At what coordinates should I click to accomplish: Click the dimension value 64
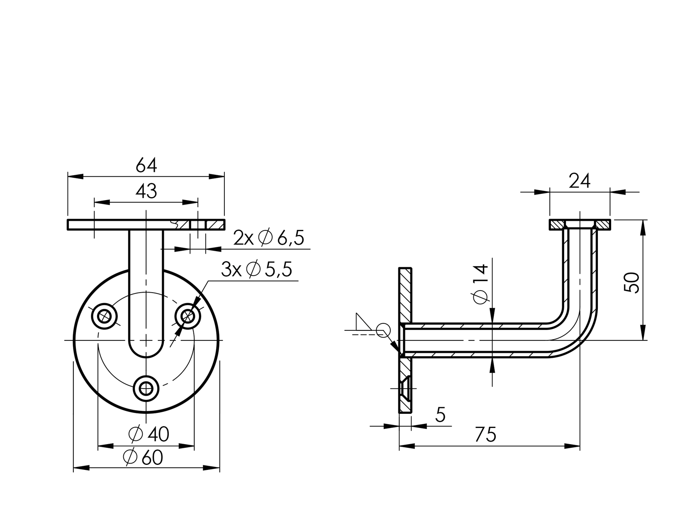click(146, 166)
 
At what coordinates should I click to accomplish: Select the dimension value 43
click(146, 191)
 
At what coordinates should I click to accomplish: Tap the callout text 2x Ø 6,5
click(268, 239)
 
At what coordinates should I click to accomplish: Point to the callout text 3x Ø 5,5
click(256, 270)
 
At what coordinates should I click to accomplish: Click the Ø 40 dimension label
click(149, 434)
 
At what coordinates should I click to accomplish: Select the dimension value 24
click(579, 181)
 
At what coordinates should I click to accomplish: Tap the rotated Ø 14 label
click(480, 284)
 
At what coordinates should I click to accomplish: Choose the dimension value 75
click(485, 435)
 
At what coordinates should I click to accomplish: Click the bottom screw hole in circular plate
click(146, 389)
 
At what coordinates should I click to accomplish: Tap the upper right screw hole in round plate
click(188, 317)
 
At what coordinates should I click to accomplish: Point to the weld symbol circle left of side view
click(383, 331)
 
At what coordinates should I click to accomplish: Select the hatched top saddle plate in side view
click(580, 225)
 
